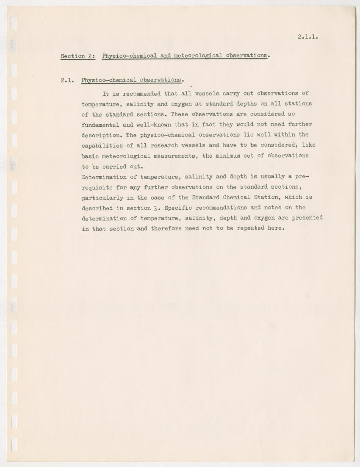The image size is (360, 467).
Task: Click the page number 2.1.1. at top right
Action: (x=307, y=36)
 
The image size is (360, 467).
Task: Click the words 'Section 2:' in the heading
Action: (x=78, y=56)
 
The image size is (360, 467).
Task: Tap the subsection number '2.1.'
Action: (x=67, y=80)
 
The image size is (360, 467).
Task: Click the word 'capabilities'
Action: (x=102, y=145)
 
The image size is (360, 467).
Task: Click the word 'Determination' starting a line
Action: (x=104, y=176)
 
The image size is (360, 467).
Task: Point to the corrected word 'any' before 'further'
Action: (x=135, y=187)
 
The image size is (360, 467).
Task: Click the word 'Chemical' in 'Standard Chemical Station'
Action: (x=237, y=197)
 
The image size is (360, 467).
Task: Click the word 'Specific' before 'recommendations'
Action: (x=178, y=208)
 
